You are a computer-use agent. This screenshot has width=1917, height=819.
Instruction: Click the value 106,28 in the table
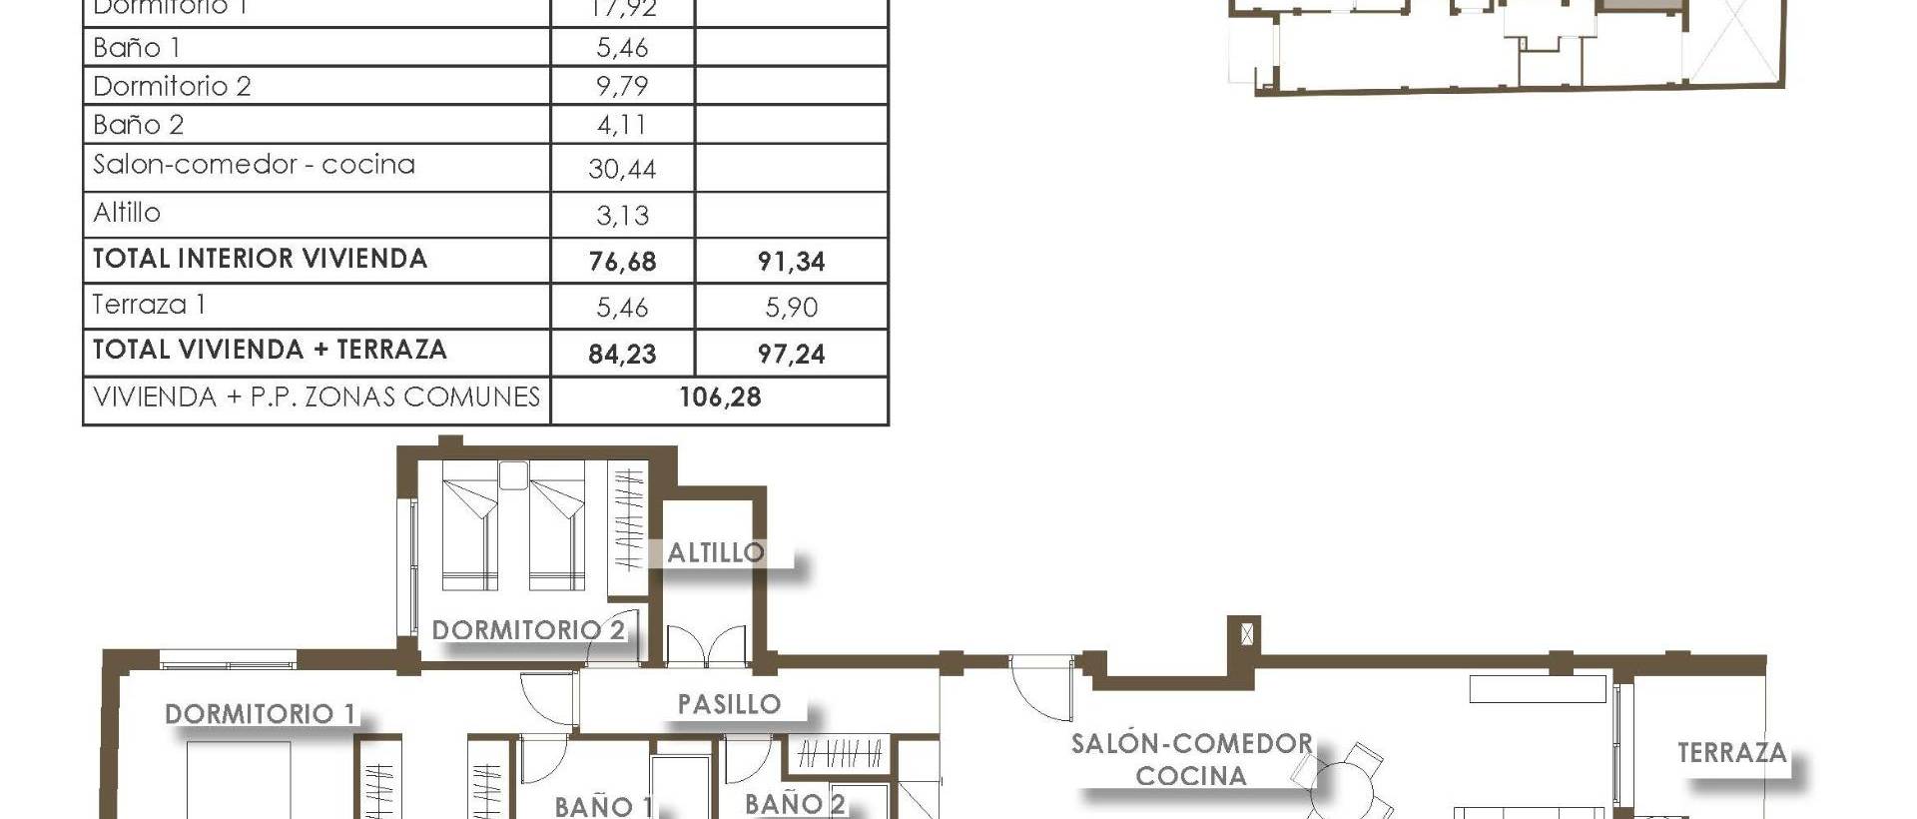(x=720, y=398)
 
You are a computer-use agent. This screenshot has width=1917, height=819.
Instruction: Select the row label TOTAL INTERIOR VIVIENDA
(x=260, y=259)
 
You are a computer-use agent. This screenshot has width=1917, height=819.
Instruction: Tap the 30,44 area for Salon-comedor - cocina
(x=622, y=170)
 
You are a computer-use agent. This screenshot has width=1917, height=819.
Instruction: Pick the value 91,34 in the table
(x=791, y=262)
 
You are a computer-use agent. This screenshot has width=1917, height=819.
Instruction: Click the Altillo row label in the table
(x=127, y=213)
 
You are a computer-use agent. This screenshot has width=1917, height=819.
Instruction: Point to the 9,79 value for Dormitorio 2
(x=622, y=86)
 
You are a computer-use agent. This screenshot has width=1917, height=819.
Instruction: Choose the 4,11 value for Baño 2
(x=621, y=125)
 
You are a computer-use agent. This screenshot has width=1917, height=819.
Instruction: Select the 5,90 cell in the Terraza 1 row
(x=791, y=308)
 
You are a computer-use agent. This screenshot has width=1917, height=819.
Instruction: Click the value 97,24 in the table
(x=791, y=354)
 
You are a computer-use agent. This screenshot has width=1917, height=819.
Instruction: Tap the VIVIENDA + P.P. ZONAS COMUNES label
(x=317, y=398)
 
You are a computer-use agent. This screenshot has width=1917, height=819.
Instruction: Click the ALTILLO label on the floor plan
(x=716, y=552)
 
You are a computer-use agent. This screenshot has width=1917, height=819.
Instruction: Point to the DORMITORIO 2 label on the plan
(x=528, y=630)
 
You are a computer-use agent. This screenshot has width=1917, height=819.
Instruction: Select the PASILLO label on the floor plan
(x=729, y=704)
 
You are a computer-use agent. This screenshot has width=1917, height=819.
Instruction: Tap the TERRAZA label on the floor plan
(x=1731, y=753)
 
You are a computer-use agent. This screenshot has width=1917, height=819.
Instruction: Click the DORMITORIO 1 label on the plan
(x=260, y=714)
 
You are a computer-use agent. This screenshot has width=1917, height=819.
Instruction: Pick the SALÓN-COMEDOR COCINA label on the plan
(x=1191, y=759)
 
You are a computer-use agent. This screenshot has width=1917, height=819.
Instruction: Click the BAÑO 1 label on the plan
(x=603, y=806)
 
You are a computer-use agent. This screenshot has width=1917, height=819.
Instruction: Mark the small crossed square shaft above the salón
(x=1245, y=633)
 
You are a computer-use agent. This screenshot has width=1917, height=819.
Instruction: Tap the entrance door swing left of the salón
(x=1040, y=689)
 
